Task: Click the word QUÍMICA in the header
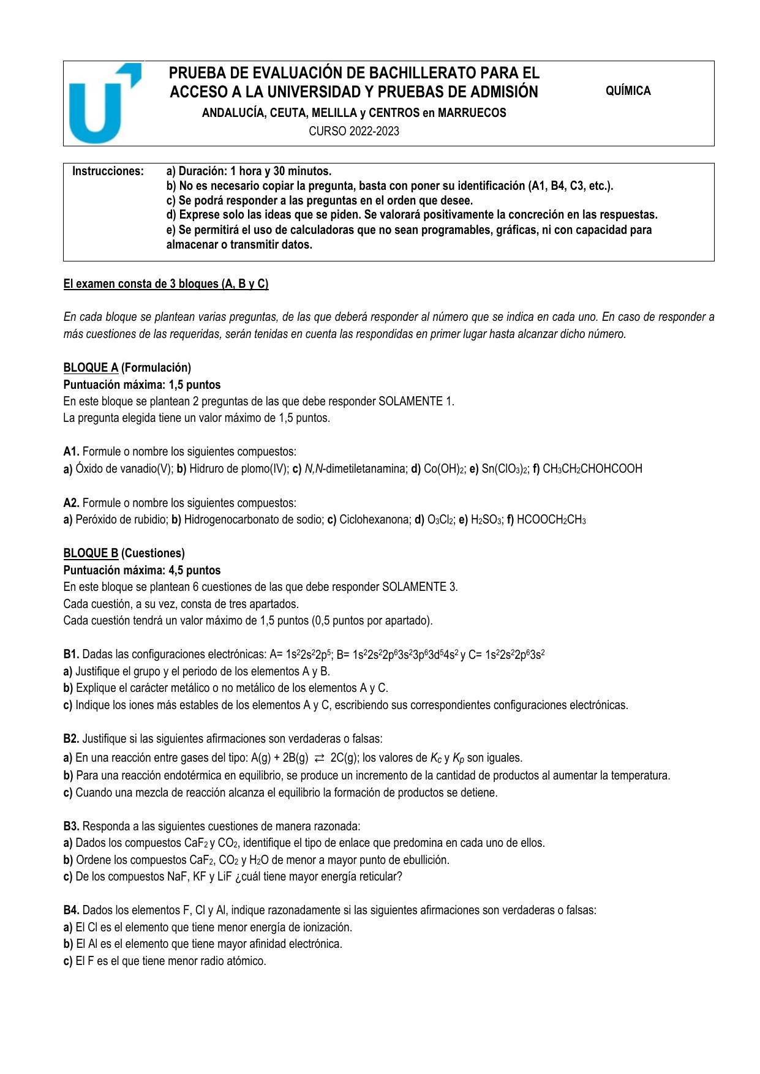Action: tap(628, 91)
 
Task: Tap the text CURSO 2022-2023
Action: tap(353, 131)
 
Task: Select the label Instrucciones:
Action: tap(108, 171)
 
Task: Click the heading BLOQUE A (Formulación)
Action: tap(127, 367)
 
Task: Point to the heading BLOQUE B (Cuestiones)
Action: tap(124, 553)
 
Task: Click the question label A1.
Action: tap(71, 452)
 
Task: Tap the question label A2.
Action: tap(71, 503)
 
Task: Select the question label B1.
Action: tap(71, 654)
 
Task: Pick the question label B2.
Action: tap(71, 738)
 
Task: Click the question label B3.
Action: tap(71, 826)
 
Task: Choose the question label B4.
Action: tap(71, 910)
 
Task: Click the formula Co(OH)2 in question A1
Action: tap(444, 469)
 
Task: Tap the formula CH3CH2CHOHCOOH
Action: tap(592, 469)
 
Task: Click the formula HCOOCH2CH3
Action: tap(551, 520)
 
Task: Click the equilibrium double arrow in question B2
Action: tap(319, 758)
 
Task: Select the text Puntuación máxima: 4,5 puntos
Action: tap(142, 570)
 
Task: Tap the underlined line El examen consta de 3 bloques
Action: tap(166, 284)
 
